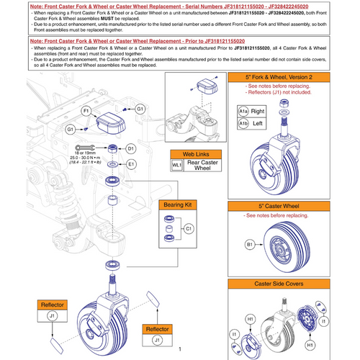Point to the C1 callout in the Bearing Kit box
pos(189,228)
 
